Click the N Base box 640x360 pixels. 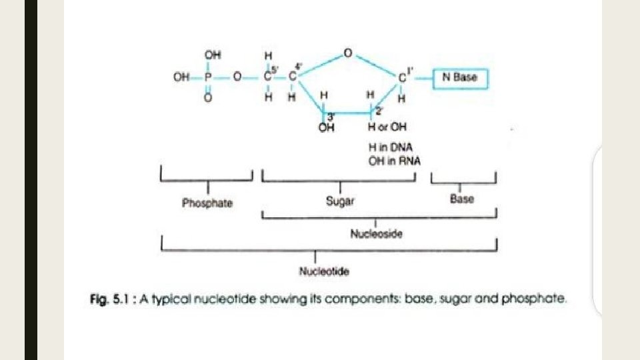tap(460, 78)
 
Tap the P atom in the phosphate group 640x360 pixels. tap(209, 77)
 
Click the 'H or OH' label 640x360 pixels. tap(387, 127)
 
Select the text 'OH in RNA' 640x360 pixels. tap(391, 161)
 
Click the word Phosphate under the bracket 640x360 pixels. tap(207, 203)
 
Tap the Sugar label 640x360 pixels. tap(340, 201)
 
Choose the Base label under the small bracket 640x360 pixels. tap(462, 199)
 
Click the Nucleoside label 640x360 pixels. tap(376, 234)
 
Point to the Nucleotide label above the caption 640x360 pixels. tap(317, 271)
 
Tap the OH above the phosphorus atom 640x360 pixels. tap(211, 54)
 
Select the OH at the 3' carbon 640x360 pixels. tap(326, 128)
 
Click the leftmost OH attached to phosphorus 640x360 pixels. tap(181, 77)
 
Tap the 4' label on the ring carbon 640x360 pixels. tap(299, 65)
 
